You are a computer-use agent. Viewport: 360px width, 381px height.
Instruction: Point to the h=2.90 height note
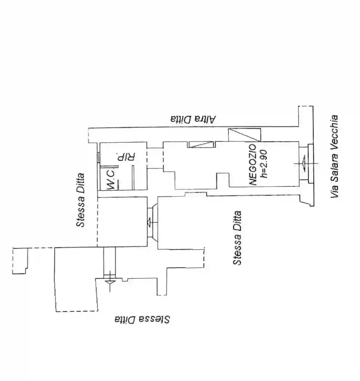click(x=264, y=164)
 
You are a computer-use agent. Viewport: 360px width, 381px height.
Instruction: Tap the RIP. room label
click(x=126, y=157)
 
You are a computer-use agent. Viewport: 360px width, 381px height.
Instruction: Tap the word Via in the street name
click(x=335, y=190)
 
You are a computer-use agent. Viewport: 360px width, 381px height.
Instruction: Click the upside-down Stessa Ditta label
click(x=142, y=319)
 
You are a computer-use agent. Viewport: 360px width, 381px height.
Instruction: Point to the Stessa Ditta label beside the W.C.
click(x=81, y=200)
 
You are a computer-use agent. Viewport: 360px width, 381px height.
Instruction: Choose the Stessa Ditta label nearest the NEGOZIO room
click(x=237, y=238)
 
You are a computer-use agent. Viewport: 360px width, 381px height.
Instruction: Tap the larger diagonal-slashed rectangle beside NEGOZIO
click(x=244, y=135)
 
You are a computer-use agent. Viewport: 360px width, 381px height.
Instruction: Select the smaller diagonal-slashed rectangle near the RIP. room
click(x=201, y=144)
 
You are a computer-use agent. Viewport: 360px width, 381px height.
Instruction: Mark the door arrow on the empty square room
click(x=149, y=222)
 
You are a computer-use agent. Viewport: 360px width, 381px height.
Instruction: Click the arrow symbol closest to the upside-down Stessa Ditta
click(x=110, y=282)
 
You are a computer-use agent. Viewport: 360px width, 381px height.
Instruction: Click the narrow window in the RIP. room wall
click(x=98, y=157)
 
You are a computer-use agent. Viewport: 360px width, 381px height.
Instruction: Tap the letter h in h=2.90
click(x=264, y=176)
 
